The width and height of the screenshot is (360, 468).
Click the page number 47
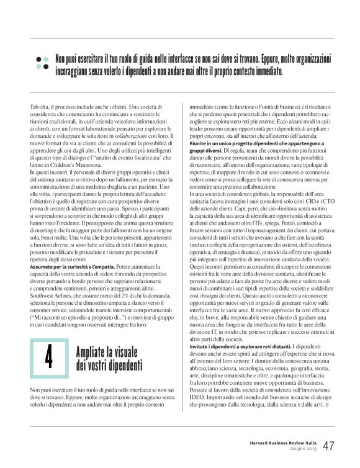(329, 446)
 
